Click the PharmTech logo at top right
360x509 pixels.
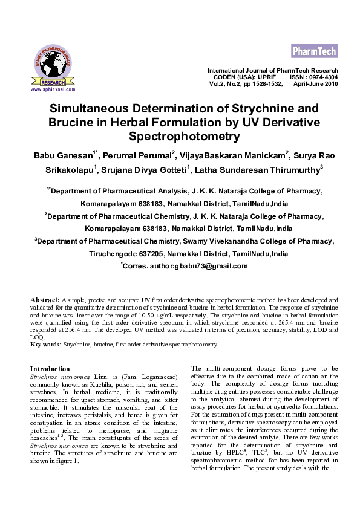[x=314, y=50]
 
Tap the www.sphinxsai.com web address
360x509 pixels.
[x=53, y=89]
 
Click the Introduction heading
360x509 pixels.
[x=50, y=369]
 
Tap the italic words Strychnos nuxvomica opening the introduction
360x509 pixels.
[x=59, y=376]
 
